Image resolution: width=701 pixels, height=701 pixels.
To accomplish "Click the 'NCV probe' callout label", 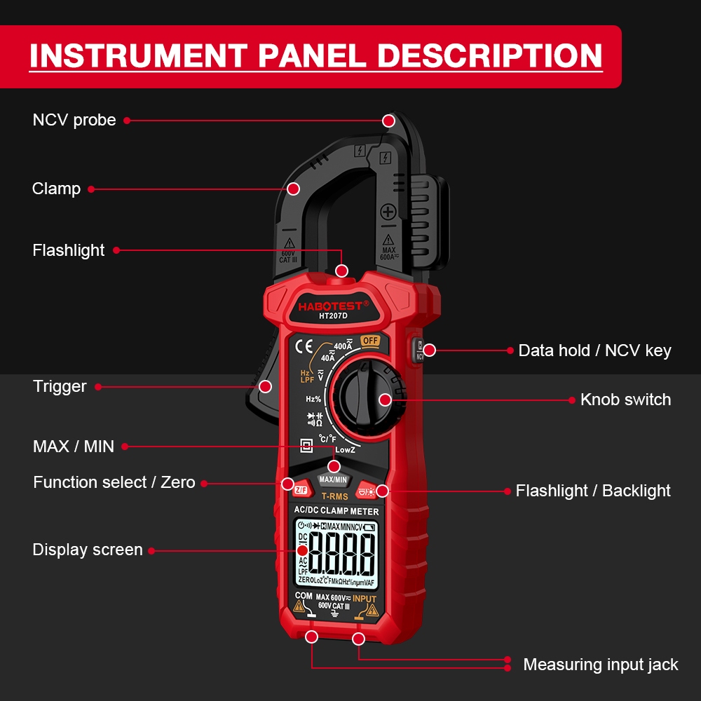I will [74, 121].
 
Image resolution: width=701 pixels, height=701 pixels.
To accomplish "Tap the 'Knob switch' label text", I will [625, 400].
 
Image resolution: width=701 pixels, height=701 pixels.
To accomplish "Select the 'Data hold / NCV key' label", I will [594, 350].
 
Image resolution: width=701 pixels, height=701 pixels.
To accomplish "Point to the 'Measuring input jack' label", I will [601, 665].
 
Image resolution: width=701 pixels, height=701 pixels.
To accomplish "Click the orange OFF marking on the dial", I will [370, 341].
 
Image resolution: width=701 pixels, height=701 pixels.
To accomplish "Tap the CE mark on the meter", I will [304, 346].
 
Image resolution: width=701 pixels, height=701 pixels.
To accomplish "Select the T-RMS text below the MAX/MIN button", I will [334, 496].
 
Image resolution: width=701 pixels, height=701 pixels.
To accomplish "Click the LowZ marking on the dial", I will [346, 449].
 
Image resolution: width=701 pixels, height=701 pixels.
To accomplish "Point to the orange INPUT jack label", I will [365, 599].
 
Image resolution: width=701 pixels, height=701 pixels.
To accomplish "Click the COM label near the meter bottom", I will [304, 596].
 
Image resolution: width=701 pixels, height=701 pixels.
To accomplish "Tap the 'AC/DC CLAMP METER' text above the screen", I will [336, 511].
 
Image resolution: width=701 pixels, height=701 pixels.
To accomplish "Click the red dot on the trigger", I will [265, 386].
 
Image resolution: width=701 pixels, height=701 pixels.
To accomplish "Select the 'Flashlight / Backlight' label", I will [593, 491].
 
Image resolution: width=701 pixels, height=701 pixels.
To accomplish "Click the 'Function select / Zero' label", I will [114, 482].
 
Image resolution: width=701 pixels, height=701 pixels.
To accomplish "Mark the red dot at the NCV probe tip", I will [388, 121].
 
